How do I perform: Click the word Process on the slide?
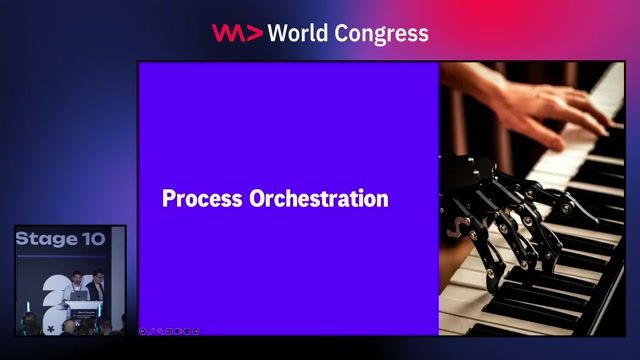[196, 198]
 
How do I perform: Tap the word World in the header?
[303, 33]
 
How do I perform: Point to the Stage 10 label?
[60, 240]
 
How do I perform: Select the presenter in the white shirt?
[76, 289]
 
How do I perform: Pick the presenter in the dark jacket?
[97, 288]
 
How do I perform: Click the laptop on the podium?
[78, 296]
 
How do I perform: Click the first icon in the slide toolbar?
[143, 330]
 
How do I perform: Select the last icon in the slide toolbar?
[196, 330]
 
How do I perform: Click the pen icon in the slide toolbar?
[151, 330]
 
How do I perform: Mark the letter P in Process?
[168, 198]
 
